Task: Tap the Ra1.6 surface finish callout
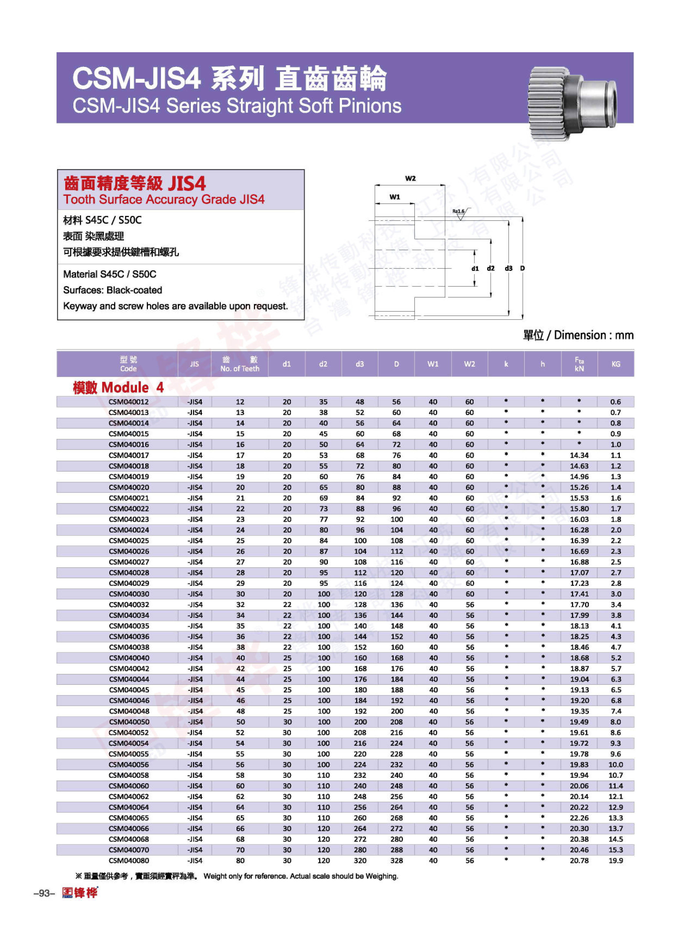(x=458, y=212)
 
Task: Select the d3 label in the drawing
(x=508, y=268)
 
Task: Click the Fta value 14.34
(x=579, y=455)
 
